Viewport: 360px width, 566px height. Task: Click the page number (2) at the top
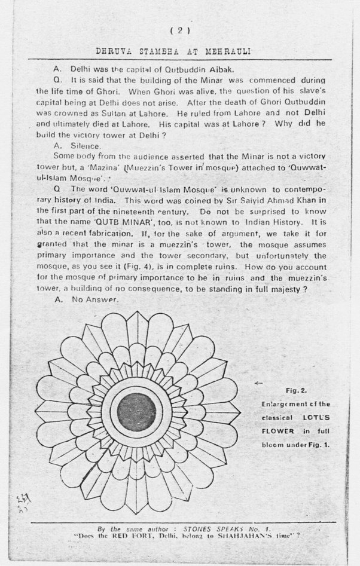[x=180, y=30]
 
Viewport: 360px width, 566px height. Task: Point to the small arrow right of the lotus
[x=258, y=382]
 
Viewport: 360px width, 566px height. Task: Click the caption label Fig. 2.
[x=295, y=391]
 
